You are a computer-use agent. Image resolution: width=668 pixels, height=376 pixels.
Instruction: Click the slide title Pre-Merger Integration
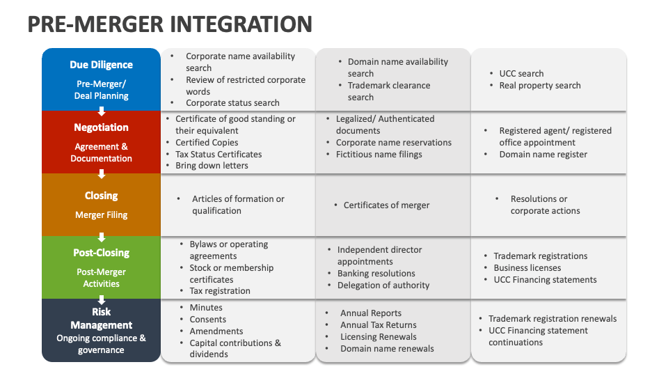[169, 24]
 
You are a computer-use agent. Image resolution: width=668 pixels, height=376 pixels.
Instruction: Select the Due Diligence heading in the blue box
[101, 65]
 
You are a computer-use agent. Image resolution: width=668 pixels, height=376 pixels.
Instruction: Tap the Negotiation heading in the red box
[101, 127]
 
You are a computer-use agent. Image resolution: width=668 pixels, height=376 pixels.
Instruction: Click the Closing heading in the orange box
[101, 196]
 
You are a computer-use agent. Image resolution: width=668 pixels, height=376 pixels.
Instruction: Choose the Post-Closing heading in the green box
[101, 253]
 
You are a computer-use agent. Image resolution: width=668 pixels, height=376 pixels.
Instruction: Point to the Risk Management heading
[101, 318]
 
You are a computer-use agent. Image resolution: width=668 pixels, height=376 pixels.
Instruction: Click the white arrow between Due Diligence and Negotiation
[102, 111]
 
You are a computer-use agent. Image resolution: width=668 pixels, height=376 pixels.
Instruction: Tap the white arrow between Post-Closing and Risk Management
[102, 299]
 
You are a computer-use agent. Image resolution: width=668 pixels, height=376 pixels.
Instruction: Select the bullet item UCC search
[521, 73]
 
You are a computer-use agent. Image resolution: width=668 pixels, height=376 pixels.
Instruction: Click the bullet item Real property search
[539, 85]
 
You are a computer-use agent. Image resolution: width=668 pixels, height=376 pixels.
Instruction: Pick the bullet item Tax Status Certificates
[218, 154]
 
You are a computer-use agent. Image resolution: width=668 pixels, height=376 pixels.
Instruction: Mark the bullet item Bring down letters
[212, 166]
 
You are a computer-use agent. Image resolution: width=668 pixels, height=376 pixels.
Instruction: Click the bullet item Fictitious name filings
[379, 154]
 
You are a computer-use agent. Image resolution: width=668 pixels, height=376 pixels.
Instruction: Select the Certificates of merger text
[386, 205]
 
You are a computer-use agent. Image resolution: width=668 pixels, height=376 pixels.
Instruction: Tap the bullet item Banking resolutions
[376, 274]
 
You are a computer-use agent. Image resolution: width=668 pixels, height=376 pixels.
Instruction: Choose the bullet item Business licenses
[527, 267]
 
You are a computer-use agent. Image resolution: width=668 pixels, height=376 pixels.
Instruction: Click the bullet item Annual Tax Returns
[378, 324]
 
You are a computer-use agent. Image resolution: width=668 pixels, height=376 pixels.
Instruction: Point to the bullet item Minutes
[206, 307]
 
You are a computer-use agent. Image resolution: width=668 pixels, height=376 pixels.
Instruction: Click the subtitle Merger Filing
[101, 215]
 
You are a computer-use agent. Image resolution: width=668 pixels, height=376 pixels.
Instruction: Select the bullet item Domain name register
[543, 154]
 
